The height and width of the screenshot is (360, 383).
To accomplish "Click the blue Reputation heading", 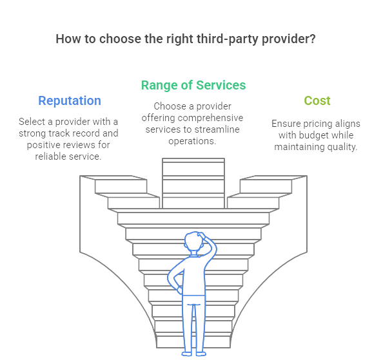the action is [x=70, y=100].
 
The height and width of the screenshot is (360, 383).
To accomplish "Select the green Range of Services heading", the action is [x=193, y=86].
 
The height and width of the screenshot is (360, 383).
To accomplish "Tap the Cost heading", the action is [x=317, y=100].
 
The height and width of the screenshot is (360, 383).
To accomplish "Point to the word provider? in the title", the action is [x=289, y=39].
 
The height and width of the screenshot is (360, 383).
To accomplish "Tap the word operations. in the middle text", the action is [x=192, y=141].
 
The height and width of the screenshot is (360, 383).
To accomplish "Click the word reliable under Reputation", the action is [x=50, y=156].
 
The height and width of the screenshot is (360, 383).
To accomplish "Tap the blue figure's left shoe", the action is [x=187, y=354].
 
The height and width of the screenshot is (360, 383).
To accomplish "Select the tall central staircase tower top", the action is [x=193, y=160].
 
